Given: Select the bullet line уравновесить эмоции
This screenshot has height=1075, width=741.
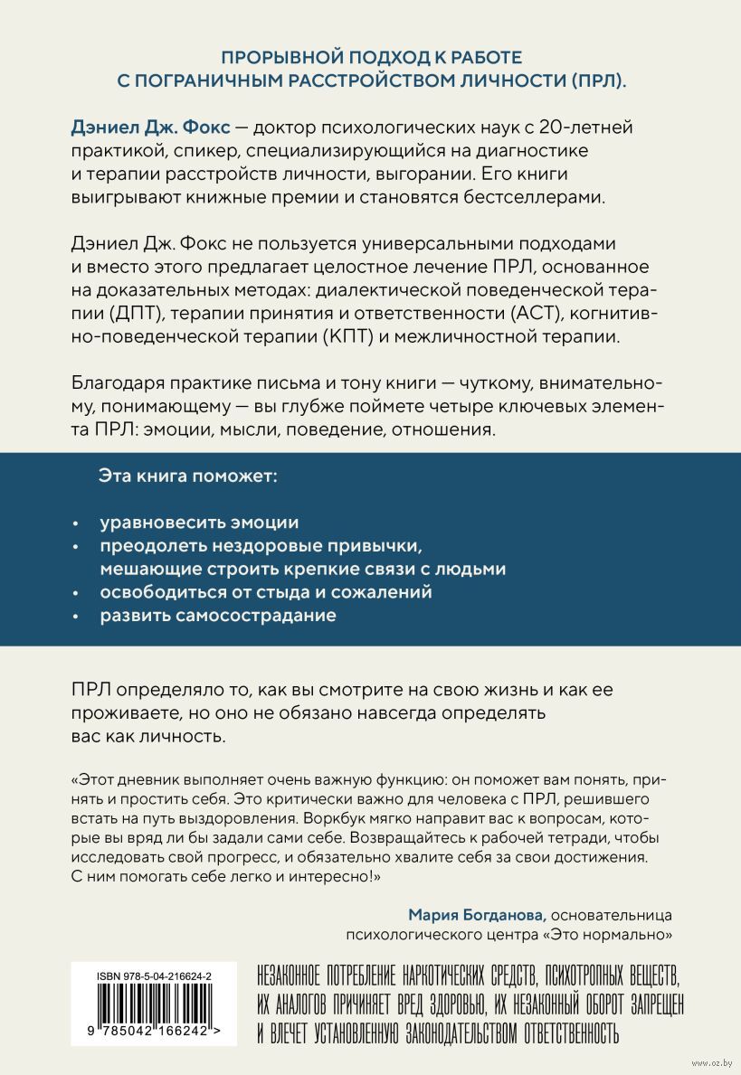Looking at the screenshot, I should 198,523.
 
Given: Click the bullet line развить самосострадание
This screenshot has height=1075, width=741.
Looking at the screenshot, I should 217,616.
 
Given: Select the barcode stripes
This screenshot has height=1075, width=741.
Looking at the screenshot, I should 154,1009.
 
